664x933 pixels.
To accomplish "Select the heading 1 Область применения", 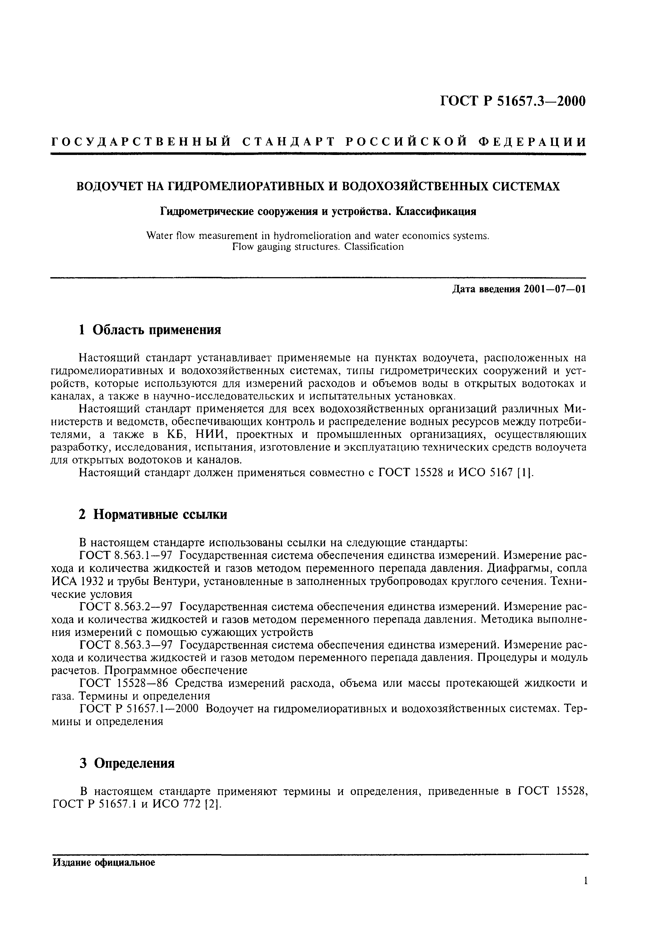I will (x=150, y=330).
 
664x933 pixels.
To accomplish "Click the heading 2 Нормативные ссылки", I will (x=153, y=514).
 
